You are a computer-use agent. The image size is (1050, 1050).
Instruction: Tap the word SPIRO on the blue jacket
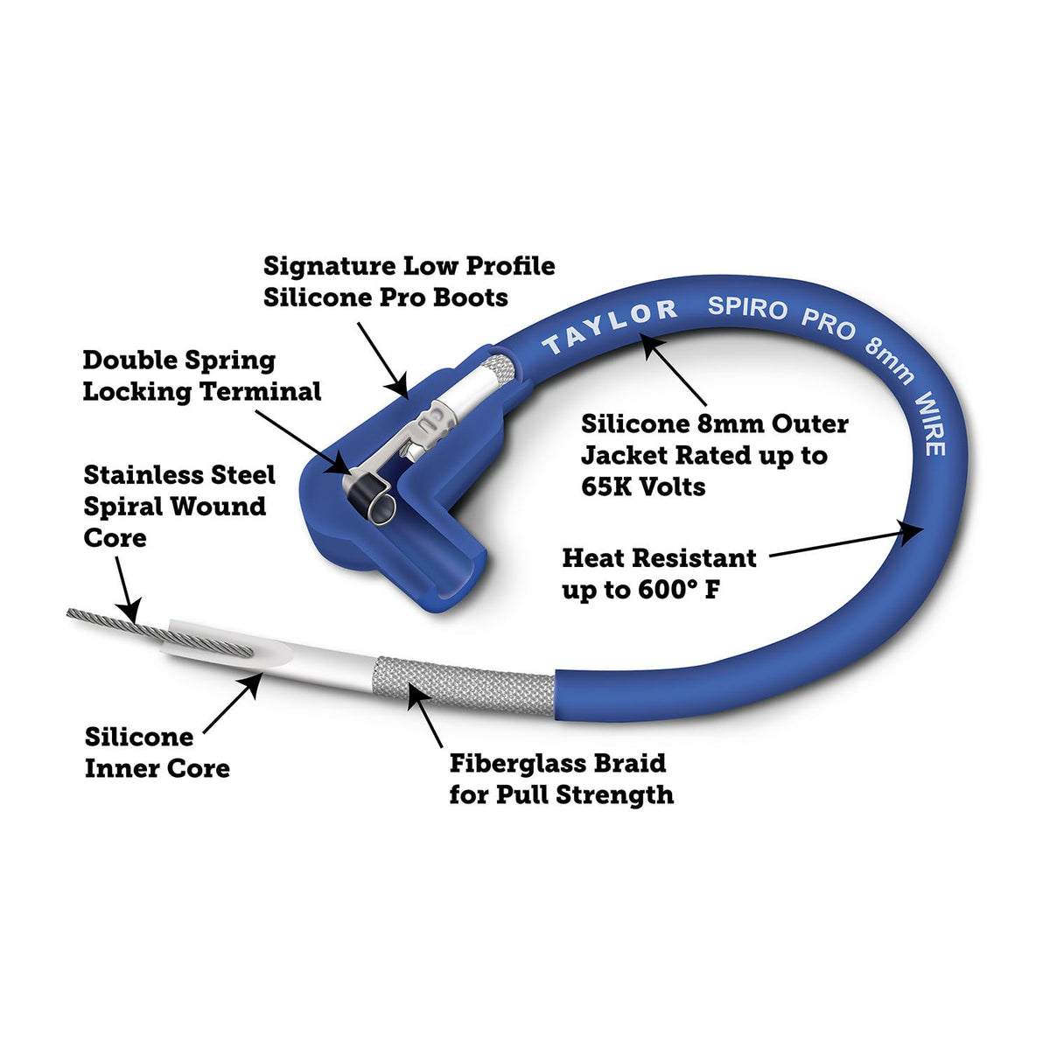746,308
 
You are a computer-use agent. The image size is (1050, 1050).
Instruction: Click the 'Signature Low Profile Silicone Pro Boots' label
409,281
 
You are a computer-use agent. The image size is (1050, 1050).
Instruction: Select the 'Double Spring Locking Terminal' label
201,375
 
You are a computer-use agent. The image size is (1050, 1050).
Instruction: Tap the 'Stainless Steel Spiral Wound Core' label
178,506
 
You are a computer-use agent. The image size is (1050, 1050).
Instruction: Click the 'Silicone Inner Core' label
157,752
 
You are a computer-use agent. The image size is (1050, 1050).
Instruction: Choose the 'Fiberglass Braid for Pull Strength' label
561,779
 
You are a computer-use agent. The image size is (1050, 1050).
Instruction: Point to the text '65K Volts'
643,486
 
